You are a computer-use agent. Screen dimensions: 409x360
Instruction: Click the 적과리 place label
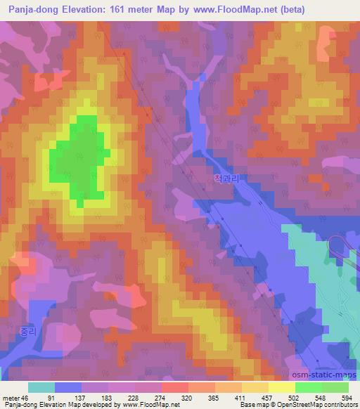tap(226, 179)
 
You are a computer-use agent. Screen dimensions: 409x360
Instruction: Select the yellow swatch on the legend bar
tap(281, 387)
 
